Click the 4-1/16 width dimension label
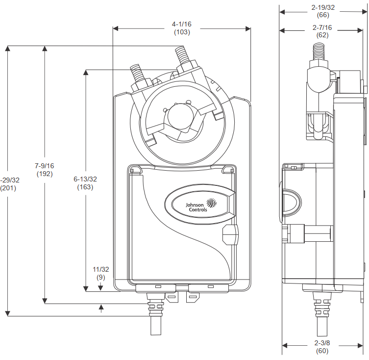click(x=182, y=24)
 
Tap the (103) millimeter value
click(x=182, y=32)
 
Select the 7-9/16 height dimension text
click(x=45, y=166)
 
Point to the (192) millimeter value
click(x=45, y=174)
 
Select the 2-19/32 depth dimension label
click(x=323, y=7)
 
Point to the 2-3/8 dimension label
click(x=323, y=342)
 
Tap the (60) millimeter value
click(x=323, y=350)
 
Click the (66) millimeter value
click(x=323, y=15)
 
